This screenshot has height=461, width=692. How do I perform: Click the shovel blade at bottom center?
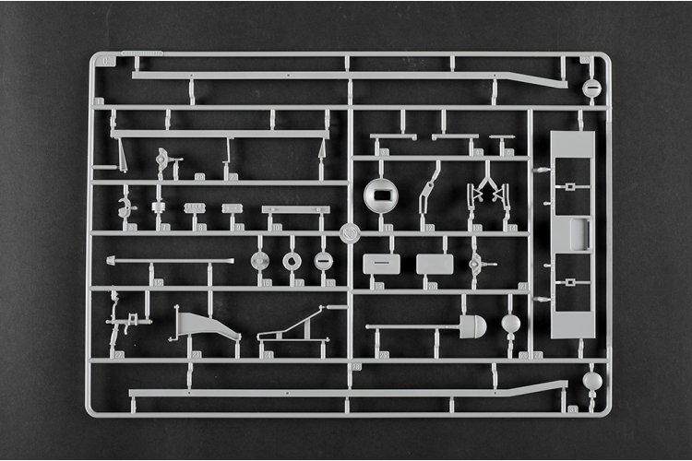472,325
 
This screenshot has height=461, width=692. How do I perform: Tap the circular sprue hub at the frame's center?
350,233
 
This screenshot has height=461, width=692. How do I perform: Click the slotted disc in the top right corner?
592,89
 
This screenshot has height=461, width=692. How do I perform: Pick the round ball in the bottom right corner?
592,380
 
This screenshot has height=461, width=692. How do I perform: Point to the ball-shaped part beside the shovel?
510,324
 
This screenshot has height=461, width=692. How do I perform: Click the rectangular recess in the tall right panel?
579,234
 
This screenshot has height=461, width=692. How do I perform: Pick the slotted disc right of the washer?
322,262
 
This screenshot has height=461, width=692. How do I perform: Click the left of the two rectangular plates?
381,265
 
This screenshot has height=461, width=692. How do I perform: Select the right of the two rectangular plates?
434,265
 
